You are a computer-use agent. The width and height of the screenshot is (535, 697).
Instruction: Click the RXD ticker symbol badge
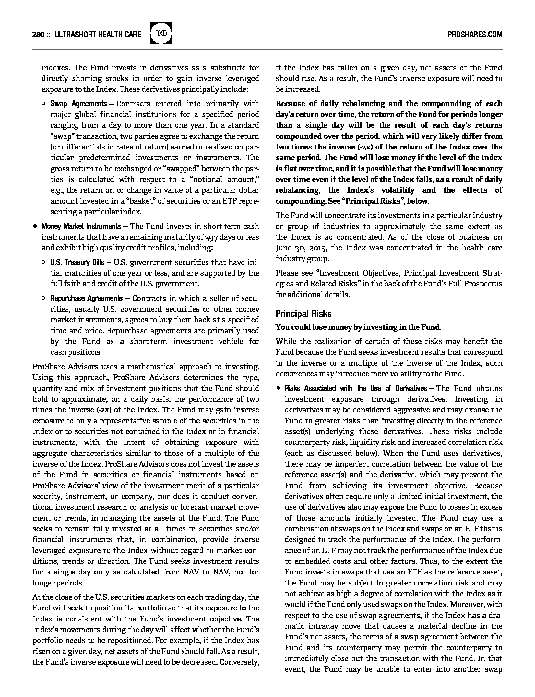[x=161, y=34]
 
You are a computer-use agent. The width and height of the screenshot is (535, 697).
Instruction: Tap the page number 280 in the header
[x=38, y=34]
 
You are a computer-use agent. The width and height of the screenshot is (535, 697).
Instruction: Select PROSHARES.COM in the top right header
[x=475, y=34]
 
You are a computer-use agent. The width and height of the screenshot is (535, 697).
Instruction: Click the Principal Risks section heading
[x=303, y=314]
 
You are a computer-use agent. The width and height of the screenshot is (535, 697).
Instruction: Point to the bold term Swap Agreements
[x=78, y=104]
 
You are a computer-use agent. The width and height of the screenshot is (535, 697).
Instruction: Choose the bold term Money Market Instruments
[x=81, y=226]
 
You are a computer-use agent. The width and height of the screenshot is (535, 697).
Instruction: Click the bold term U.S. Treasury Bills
[x=77, y=262]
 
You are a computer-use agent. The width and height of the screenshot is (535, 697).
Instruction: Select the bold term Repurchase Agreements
[x=86, y=298]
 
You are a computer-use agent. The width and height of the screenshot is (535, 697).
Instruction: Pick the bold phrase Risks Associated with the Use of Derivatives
[x=356, y=388]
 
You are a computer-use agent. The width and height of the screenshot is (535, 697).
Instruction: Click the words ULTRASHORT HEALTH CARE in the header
[x=98, y=34]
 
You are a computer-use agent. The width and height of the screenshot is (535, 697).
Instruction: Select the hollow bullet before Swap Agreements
[x=43, y=104]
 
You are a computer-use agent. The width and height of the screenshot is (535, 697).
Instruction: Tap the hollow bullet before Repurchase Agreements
[x=43, y=298]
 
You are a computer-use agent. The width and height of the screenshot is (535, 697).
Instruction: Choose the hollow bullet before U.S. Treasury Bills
[x=43, y=262]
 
